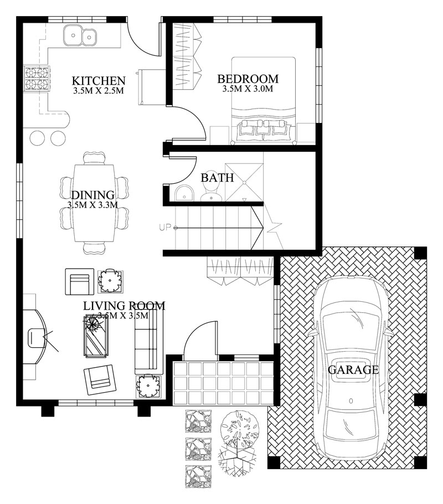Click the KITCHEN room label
pyautogui.click(x=99, y=80)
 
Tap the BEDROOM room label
pyautogui.click(x=248, y=79)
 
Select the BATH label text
pyautogui.click(x=217, y=178)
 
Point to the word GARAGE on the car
pyautogui.click(x=353, y=370)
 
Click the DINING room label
pyautogui.click(x=92, y=195)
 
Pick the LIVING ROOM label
pyautogui.click(x=124, y=306)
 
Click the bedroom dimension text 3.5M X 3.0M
pyautogui.click(x=248, y=89)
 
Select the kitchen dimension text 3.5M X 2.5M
pyautogui.click(x=99, y=90)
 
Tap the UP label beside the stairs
pyautogui.click(x=165, y=227)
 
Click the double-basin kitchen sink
pyautogui.click(x=80, y=36)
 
